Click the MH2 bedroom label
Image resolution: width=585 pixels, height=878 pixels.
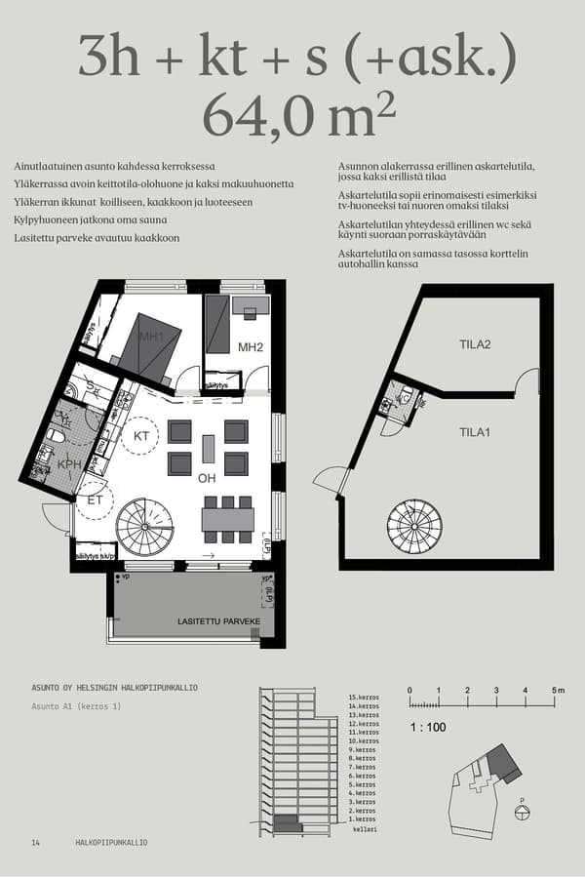[252, 347]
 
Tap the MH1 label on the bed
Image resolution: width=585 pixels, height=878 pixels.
[151, 338]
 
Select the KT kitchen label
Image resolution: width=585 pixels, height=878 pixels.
[141, 435]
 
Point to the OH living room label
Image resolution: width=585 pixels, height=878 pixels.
[207, 478]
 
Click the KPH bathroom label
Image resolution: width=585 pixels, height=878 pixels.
[69, 465]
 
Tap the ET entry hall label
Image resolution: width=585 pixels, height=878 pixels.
[96, 499]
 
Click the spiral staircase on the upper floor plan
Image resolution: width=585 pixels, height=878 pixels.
[143, 527]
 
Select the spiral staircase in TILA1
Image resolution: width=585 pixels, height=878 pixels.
[414, 528]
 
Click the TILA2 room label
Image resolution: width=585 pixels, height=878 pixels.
[475, 344]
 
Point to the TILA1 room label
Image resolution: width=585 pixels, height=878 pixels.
[475, 431]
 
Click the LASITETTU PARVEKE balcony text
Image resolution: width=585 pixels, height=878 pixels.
[218, 621]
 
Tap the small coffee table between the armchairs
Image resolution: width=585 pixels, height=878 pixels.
[208, 448]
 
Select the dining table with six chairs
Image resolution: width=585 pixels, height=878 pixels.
[227, 518]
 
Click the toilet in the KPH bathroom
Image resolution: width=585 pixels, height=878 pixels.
[57, 436]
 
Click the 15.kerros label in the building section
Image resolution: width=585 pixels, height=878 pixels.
[363, 698]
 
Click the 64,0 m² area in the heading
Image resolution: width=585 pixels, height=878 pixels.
[299, 116]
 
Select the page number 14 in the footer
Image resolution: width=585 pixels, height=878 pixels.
[36, 842]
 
